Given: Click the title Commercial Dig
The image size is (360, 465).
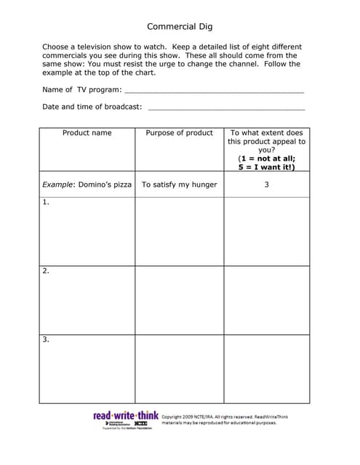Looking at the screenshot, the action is tap(180, 27).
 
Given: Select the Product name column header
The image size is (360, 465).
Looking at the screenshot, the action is tap(87, 133).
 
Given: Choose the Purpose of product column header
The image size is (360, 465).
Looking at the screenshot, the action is tap(179, 133).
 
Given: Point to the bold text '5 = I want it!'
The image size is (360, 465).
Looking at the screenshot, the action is tap(266, 167).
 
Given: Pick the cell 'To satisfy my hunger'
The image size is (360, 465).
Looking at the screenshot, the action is tap(179, 185).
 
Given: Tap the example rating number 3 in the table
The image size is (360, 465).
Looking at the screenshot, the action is tap(266, 185).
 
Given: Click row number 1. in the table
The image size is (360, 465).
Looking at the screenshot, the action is tap(46, 203).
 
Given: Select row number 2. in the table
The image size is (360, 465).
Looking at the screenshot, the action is tap(46, 271).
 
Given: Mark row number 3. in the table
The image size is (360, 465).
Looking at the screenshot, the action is tap(46, 339).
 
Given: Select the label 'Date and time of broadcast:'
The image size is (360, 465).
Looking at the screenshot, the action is tap(92, 107).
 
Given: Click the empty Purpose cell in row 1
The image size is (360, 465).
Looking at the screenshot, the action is tap(179, 231).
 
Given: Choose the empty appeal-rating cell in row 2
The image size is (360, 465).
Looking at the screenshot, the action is tap(266, 299).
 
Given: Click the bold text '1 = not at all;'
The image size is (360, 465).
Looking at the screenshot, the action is tap(266, 158).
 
